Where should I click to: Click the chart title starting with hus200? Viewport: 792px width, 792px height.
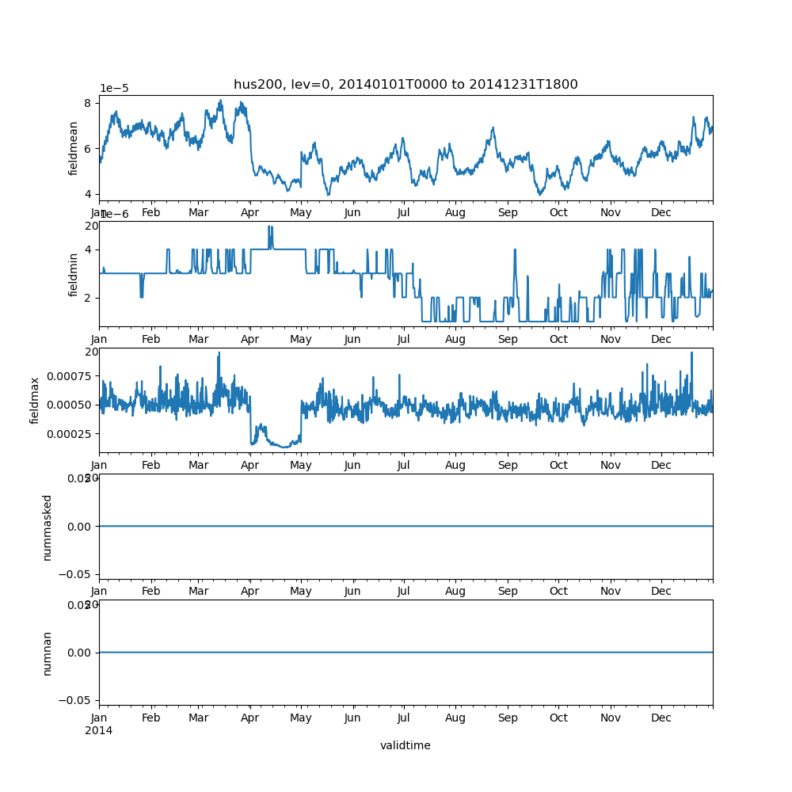(406, 85)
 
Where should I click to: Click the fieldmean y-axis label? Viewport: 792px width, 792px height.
(74, 148)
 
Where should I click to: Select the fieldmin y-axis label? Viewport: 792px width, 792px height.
(74, 274)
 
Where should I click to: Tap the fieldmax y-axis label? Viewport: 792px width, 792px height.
(35, 400)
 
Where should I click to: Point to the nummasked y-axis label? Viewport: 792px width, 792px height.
(47, 527)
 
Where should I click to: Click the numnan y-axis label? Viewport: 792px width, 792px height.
(47, 653)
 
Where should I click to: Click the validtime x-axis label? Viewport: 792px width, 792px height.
(405, 745)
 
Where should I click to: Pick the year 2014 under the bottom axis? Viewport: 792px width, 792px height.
(98, 730)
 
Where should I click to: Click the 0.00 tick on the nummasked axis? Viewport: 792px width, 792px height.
(82, 526)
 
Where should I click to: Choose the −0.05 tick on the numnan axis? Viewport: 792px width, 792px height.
(78, 700)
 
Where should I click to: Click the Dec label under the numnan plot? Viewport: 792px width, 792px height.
(661, 718)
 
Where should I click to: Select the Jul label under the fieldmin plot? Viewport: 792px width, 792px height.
(404, 339)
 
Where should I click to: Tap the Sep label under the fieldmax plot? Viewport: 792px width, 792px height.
(508, 466)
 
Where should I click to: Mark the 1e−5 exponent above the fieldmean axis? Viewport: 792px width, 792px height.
(115, 88)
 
